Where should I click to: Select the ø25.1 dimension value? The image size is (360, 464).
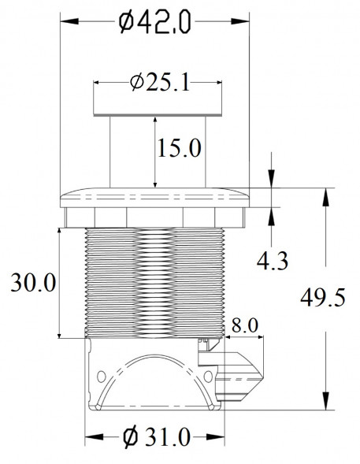click(x=159, y=82)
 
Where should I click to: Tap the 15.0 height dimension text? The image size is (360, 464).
click(x=180, y=148)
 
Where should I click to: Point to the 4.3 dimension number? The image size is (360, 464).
click(x=272, y=261)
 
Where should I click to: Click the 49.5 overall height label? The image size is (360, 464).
click(x=323, y=298)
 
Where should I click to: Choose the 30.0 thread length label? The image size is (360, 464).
click(x=33, y=283)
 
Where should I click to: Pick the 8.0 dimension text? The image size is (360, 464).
click(x=245, y=325)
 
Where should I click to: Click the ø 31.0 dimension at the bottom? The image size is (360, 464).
click(x=156, y=437)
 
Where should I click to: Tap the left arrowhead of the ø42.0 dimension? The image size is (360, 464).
click(x=69, y=21)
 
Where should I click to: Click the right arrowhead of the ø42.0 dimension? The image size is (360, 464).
click(x=240, y=21)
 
